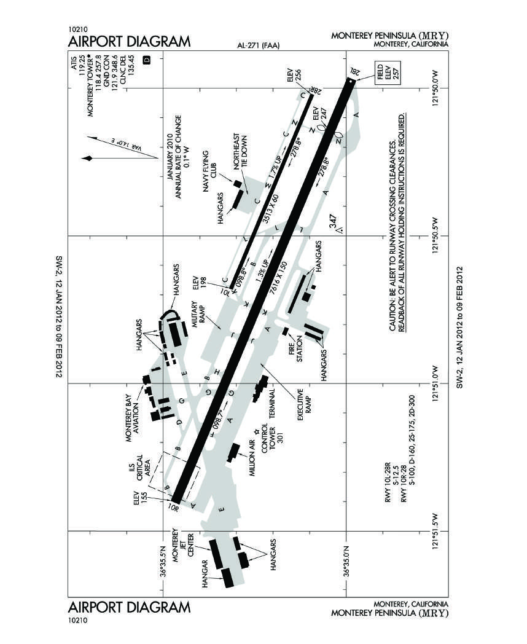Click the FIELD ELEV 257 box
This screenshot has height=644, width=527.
click(388, 73)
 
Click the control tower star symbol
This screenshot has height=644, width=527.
click(257, 431)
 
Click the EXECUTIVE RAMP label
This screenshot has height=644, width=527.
click(305, 404)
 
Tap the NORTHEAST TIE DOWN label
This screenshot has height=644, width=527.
click(241, 151)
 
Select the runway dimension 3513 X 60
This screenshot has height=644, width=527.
click(271, 209)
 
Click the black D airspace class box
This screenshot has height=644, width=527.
click(147, 60)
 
